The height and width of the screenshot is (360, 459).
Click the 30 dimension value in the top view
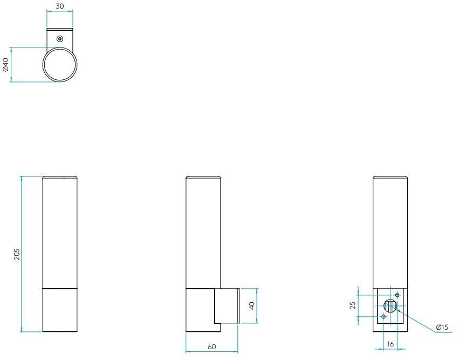point(59,6)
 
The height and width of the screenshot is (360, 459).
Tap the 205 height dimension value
point(17,254)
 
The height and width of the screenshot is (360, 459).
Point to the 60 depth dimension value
point(211,347)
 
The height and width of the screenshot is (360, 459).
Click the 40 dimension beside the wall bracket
point(251,306)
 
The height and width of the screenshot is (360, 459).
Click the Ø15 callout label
point(442,328)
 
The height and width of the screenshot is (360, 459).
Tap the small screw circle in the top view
point(60,38)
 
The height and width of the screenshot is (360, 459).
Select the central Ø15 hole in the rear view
point(390,306)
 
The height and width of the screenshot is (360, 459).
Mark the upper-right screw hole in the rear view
point(398,295)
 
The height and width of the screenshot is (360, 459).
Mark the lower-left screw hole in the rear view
point(383,316)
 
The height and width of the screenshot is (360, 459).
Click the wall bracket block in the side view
point(227,306)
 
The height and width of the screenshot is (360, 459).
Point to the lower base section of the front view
point(60,310)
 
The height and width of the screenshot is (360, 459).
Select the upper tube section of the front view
point(60,232)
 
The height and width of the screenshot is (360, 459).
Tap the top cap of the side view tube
point(203,178)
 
